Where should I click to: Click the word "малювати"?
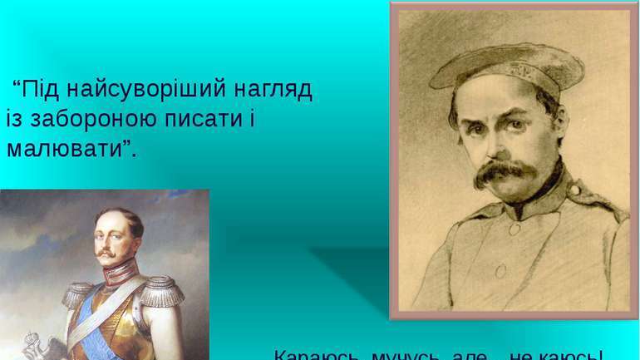tap(63, 150)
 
